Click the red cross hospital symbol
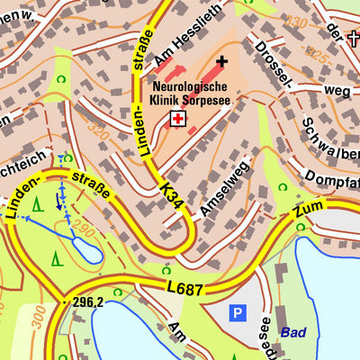(x=177, y=120)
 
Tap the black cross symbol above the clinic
(x=222, y=61)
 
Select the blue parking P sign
(x=238, y=313)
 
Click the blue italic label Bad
(x=292, y=332)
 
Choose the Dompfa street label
(x=329, y=177)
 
